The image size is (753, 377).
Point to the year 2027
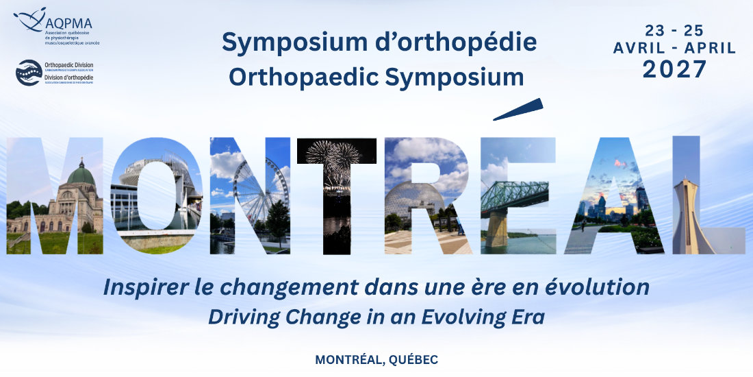click(674, 69)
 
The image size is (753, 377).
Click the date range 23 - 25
click(674, 31)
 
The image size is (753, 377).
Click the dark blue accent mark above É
click(518, 109)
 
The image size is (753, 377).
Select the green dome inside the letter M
click(81, 174)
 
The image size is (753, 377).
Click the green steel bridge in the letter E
click(513, 196)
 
